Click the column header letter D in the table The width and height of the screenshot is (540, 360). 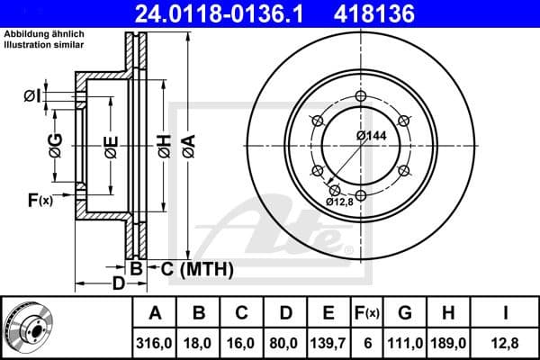pos(285,313)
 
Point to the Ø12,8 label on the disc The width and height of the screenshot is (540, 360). pos(340,202)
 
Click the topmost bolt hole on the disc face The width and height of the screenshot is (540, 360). pos(360,97)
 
